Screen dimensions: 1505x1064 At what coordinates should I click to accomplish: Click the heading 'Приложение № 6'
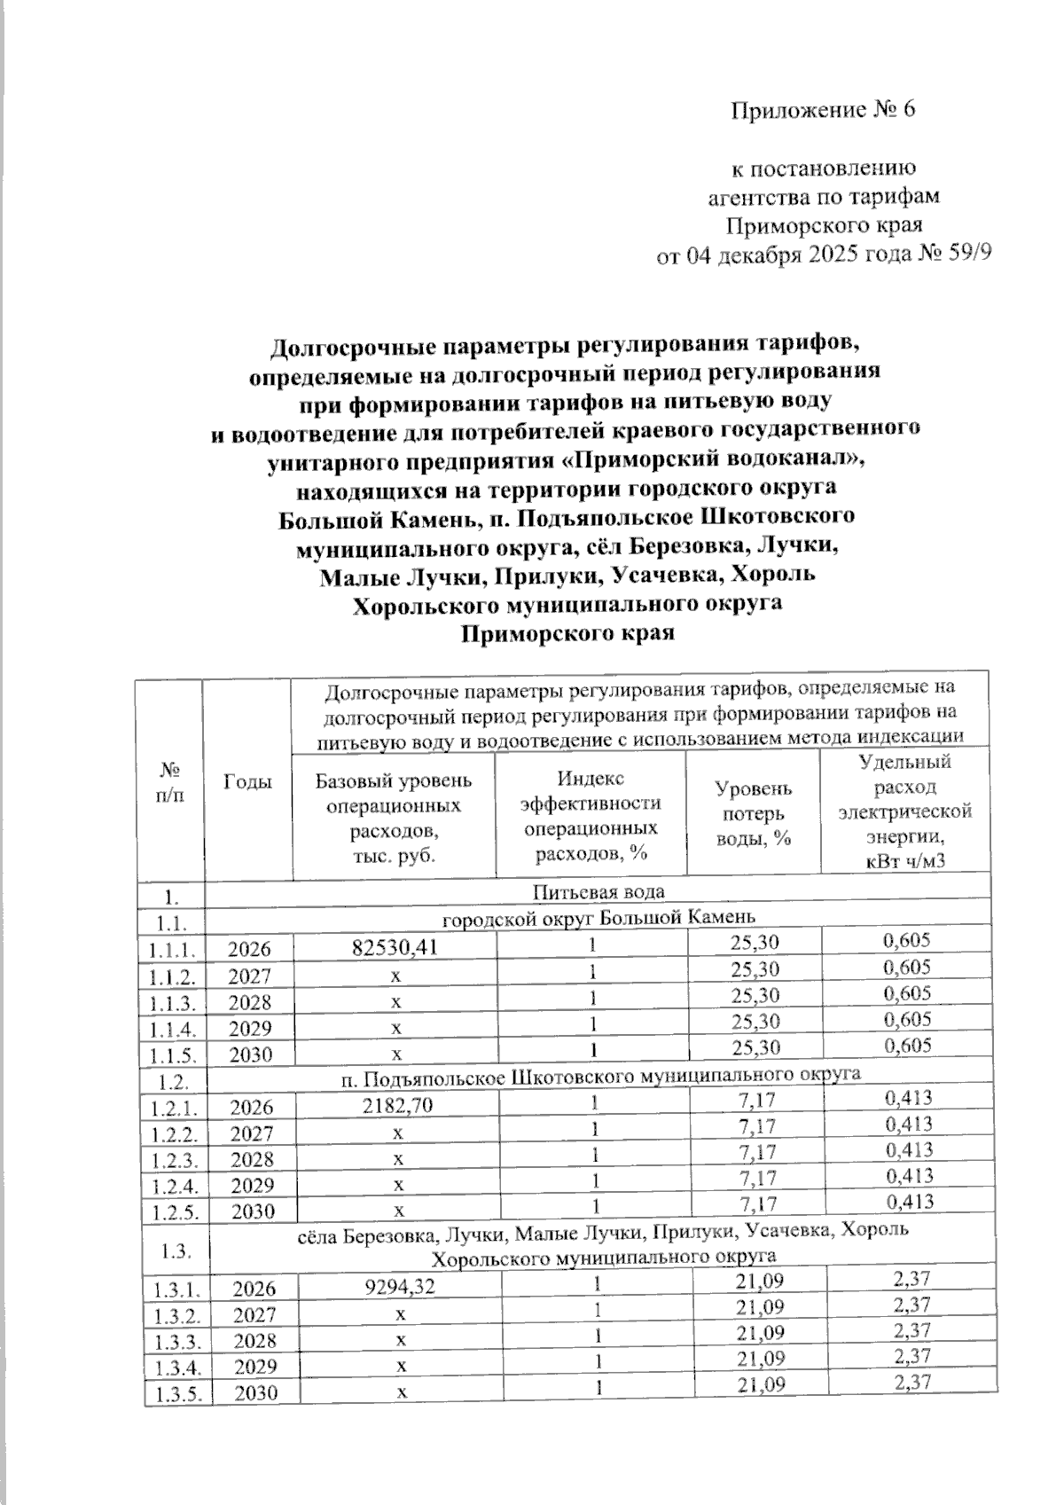click(x=822, y=110)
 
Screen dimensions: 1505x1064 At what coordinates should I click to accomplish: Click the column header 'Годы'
click(x=247, y=780)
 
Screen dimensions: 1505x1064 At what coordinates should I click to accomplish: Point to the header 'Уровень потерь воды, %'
click(x=754, y=813)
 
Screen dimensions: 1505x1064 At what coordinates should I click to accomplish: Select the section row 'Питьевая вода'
click(x=598, y=890)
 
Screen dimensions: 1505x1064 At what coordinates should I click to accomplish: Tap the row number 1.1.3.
click(x=172, y=1002)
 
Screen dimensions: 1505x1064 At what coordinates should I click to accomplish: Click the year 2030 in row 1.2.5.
click(x=253, y=1211)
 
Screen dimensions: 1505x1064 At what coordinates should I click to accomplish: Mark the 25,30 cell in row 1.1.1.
click(x=756, y=943)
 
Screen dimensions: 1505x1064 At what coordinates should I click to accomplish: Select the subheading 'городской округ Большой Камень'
click(x=598, y=916)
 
